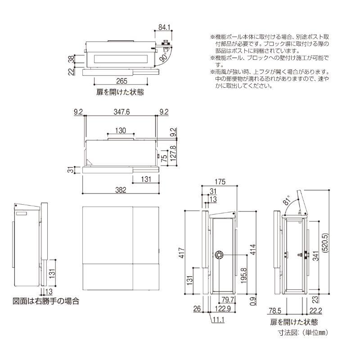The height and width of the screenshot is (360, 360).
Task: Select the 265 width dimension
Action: click(x=121, y=81)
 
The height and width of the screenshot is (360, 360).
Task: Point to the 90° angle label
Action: click(x=163, y=58)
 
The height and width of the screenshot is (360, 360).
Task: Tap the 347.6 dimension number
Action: click(x=121, y=112)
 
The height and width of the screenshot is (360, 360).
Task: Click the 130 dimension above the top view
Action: click(x=121, y=130)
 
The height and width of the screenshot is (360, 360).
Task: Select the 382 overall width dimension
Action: click(x=121, y=190)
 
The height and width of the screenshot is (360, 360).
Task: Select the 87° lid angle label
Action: click(x=287, y=202)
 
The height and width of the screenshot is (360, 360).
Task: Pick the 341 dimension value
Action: click(x=315, y=256)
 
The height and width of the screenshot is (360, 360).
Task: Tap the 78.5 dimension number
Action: click(x=278, y=310)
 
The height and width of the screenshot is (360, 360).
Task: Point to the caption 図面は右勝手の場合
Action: click(x=46, y=301)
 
